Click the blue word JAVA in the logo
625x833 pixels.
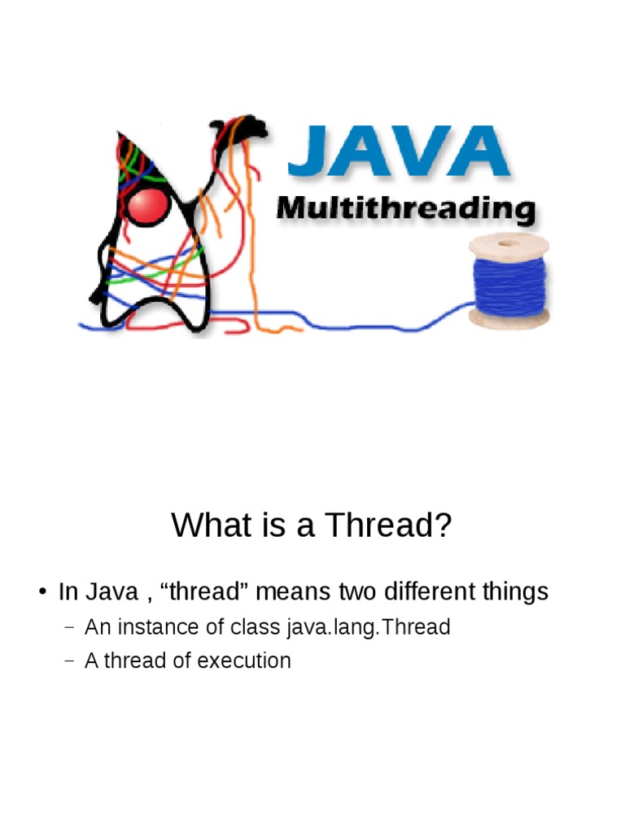coord(399,150)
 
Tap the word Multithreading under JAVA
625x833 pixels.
coord(405,209)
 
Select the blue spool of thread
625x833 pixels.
coord(509,281)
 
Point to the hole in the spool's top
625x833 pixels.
coord(508,243)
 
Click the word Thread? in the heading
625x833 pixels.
coord(388,525)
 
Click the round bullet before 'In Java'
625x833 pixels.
coord(43,592)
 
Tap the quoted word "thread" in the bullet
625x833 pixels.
coord(204,591)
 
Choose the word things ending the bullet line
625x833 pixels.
coord(515,592)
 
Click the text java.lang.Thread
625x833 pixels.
coord(369,627)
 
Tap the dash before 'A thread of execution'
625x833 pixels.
coord(68,661)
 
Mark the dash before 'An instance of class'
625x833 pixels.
coord(68,628)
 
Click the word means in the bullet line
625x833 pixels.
coord(293,592)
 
